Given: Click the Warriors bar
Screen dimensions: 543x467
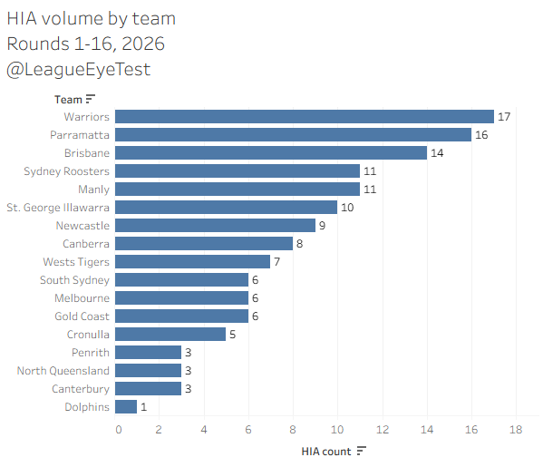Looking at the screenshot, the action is [305, 117].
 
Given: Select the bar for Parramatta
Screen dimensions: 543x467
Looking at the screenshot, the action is [294, 135].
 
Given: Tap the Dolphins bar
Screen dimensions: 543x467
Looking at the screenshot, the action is [126, 407].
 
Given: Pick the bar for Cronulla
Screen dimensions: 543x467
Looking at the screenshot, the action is [170, 335].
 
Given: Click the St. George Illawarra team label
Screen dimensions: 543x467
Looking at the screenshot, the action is [58, 208].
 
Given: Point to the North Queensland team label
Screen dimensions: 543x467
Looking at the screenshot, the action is [63, 371].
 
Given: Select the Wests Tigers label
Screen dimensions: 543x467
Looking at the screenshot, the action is [76, 262].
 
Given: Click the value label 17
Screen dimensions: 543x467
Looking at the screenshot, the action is [504, 117].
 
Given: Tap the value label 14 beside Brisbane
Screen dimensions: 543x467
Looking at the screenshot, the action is [437, 153].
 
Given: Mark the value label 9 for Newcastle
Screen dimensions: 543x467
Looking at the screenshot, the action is [322, 226].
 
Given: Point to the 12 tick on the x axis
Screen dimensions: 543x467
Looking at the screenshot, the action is [383, 430].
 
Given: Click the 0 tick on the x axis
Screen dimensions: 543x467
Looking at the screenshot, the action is [119, 430].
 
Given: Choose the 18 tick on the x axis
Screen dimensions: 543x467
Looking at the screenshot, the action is [516, 430].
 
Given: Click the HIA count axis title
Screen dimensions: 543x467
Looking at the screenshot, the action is [326, 452].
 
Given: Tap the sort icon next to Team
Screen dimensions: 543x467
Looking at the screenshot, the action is [90, 99].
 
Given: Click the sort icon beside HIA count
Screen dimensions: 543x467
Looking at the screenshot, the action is [361, 451].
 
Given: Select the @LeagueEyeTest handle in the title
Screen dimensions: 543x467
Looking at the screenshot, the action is [78, 69].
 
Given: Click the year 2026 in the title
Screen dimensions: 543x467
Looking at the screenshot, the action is [143, 44].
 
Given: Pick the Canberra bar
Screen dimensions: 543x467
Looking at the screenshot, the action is [204, 244].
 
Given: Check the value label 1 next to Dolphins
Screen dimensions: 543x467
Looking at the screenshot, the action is [144, 407].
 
